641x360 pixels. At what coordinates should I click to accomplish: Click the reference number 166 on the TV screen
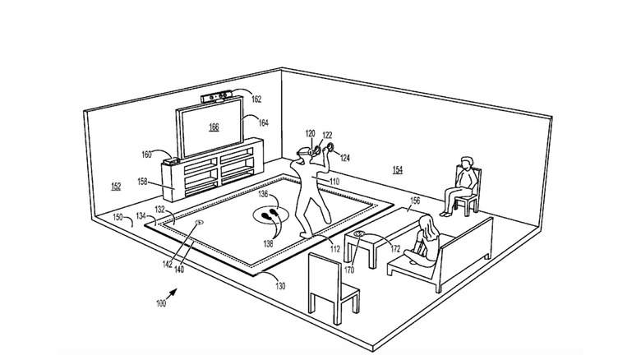[214, 127]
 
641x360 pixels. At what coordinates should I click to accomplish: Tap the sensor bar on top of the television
[217, 98]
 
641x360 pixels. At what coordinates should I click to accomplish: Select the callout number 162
[256, 99]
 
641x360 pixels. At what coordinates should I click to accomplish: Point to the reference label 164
[264, 122]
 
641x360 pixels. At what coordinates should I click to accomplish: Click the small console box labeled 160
[173, 161]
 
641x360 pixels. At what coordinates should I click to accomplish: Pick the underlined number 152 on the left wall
[116, 187]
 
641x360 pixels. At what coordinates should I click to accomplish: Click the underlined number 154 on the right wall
[398, 170]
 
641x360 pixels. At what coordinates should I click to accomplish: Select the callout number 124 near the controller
[344, 158]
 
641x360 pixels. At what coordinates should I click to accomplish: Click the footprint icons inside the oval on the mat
[270, 214]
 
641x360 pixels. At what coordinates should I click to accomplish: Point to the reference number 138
[268, 243]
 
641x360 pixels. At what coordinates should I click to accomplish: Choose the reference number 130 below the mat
[280, 286]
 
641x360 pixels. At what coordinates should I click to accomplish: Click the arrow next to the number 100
[172, 294]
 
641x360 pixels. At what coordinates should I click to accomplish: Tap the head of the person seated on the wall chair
[466, 163]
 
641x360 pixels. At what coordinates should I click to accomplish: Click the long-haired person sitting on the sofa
[423, 241]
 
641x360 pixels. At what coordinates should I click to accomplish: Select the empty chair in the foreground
[332, 287]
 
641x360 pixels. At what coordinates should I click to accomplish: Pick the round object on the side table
[361, 233]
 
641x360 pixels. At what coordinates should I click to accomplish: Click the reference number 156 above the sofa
[414, 201]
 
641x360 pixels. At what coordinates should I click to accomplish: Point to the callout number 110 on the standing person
[334, 181]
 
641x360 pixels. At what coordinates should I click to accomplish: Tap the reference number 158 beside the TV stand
[142, 181]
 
